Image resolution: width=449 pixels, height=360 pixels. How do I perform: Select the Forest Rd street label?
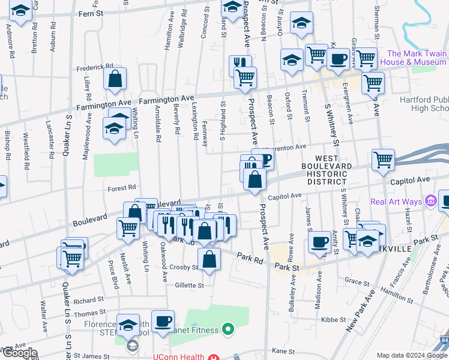122,187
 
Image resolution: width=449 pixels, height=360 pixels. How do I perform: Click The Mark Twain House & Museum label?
417,58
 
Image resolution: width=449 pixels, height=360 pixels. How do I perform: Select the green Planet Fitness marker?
228,328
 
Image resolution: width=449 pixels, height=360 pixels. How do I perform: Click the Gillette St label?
189,286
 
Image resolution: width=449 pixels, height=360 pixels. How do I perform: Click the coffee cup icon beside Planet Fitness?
163,321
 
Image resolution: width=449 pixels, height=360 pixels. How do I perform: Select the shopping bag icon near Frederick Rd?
115,79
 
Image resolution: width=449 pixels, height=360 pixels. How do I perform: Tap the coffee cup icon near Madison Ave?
319,242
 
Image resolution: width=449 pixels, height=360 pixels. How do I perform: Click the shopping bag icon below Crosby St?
209,260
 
